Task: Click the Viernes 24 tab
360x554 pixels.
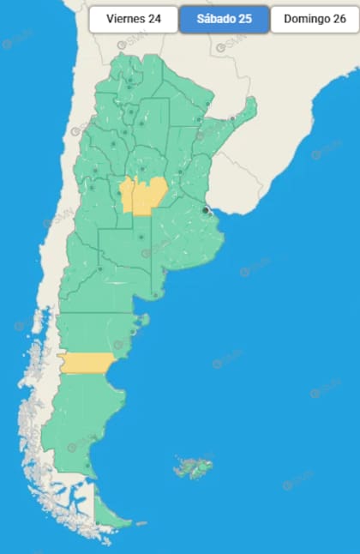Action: [x=133, y=19]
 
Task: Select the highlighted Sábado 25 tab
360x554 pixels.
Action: [x=225, y=19]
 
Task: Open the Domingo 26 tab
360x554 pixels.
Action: [x=315, y=19]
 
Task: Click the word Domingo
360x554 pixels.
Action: [x=304, y=19]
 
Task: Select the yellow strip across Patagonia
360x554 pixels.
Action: [x=85, y=363]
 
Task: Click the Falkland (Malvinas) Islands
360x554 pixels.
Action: [x=193, y=467]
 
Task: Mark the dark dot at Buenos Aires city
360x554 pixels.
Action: [x=205, y=209]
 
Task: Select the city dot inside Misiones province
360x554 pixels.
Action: [x=232, y=118]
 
